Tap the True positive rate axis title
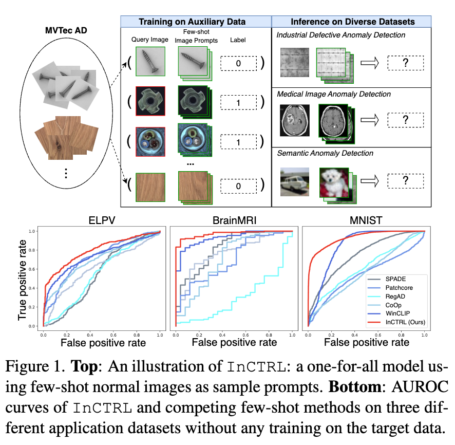[23, 277]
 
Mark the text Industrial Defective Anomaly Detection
[341, 35]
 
